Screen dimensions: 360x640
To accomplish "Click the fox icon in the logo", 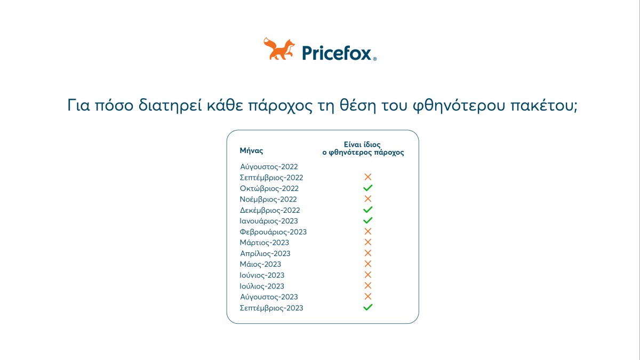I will tap(279, 49).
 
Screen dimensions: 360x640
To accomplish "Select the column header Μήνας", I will tap(251, 151).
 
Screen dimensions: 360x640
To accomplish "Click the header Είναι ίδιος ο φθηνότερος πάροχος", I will tap(363, 148).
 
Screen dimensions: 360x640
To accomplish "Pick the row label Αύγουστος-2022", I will tap(269, 167).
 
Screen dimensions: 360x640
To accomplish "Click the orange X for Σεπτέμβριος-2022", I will tap(367, 177).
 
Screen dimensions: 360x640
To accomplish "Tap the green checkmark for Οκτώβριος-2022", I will tap(367, 188).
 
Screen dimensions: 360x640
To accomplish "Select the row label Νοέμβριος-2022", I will tap(268, 199).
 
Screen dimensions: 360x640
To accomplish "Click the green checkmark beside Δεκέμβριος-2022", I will tap(367, 210).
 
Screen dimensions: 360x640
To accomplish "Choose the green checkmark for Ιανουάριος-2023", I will tap(367, 221).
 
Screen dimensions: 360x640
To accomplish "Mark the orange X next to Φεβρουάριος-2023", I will tap(367, 231).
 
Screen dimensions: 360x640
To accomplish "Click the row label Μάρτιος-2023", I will tap(265, 243).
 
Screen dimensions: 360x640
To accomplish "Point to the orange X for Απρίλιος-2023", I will tap(367, 253).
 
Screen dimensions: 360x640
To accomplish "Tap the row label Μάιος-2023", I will tap(261, 265).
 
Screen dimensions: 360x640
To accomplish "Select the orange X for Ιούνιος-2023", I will tap(367, 275).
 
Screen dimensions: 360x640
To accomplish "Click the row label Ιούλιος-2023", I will tap(262, 286).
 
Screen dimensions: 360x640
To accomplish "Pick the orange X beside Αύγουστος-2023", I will tap(367, 297).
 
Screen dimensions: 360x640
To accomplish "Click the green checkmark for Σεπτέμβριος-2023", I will tap(367, 308).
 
